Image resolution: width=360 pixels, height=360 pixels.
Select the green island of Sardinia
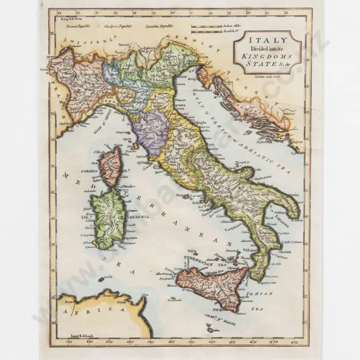(x=109, y=216)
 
